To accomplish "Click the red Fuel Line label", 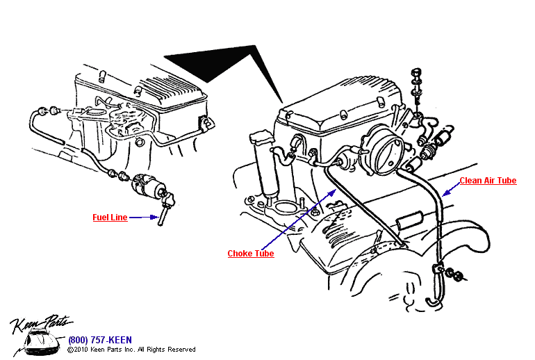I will point(110,218).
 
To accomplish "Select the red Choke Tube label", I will point(251,254).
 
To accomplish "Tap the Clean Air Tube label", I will point(488,181).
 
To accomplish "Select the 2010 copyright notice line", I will point(131,350).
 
